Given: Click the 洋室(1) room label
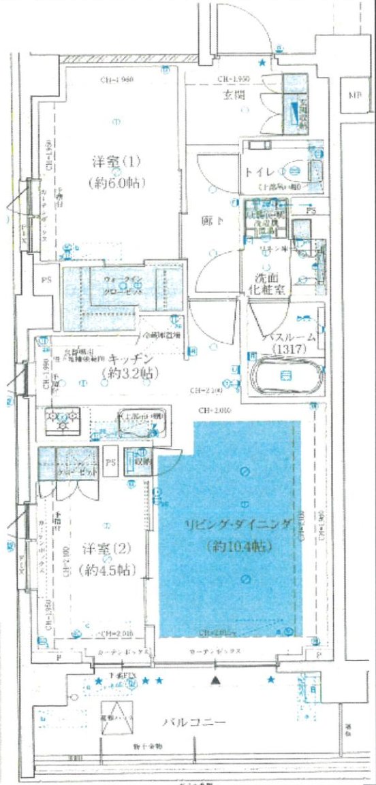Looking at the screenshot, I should click(x=116, y=163).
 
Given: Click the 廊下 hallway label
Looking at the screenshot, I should click(x=210, y=221).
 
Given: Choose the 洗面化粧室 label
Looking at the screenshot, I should click(x=262, y=284).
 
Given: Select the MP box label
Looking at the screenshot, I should click(x=354, y=95).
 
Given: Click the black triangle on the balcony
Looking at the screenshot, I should click(x=216, y=680).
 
